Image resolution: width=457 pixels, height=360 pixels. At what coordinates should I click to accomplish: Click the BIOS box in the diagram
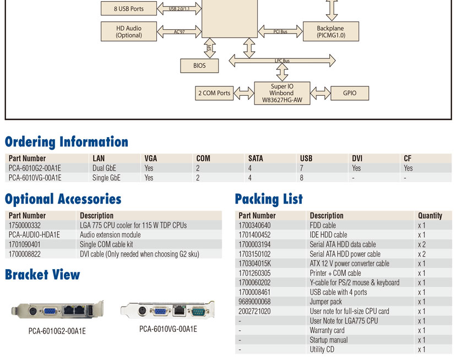coord(199,66)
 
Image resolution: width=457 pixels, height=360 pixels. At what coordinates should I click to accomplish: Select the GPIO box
coord(350,93)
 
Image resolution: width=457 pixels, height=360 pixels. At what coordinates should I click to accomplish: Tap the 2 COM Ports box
coord(214,93)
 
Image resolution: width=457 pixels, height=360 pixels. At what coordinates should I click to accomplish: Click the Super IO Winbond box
coord(282,93)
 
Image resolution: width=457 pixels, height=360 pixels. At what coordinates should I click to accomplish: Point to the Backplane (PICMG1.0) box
coord(331,31)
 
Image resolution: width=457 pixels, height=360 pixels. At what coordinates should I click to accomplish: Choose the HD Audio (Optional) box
coord(129,31)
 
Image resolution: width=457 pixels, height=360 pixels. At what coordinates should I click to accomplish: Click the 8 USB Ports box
coord(129,8)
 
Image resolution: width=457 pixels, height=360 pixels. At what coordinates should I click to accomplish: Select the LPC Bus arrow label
coord(282,61)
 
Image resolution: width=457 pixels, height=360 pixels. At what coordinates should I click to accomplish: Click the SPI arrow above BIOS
coord(210,48)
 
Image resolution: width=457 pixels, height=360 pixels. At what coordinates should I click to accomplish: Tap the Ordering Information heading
coord(67,142)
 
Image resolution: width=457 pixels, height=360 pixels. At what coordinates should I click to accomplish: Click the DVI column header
coord(357,158)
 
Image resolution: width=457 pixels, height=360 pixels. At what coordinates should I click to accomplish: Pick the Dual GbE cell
coord(104,168)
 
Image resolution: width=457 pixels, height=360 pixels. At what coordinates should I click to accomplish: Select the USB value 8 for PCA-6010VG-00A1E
coord(302,178)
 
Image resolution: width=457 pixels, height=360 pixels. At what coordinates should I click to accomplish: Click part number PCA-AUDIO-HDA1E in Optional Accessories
coord(34,234)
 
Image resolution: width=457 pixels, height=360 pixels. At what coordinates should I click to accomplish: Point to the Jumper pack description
coord(325,302)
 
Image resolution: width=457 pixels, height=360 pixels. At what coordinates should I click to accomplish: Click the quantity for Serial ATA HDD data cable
coord(422,244)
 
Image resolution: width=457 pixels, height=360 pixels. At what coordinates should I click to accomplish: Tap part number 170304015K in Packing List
coord(255,264)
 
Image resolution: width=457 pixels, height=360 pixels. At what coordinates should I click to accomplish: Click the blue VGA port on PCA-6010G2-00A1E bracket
coord(50,312)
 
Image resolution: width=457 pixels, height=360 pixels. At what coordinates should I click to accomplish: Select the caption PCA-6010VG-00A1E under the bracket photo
coord(168,329)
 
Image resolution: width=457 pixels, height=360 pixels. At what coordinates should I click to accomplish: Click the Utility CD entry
coord(322,350)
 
